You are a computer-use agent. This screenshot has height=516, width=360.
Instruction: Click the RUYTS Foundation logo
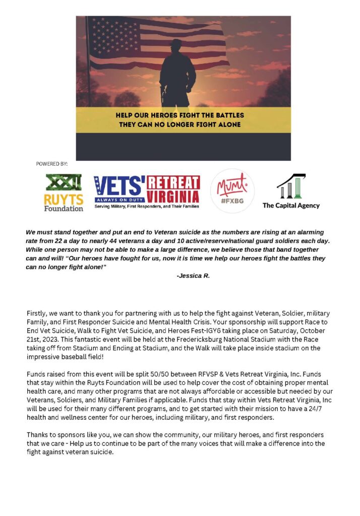64,192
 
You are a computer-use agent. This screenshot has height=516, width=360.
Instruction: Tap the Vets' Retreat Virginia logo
146,192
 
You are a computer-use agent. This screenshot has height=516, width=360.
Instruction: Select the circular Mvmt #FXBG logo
232,191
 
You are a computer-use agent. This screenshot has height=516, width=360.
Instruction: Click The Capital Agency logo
291,191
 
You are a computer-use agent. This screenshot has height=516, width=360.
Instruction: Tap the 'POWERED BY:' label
51,164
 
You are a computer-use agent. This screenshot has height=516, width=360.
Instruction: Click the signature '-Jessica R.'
193,276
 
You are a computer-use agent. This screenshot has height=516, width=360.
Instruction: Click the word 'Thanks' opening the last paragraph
38,435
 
